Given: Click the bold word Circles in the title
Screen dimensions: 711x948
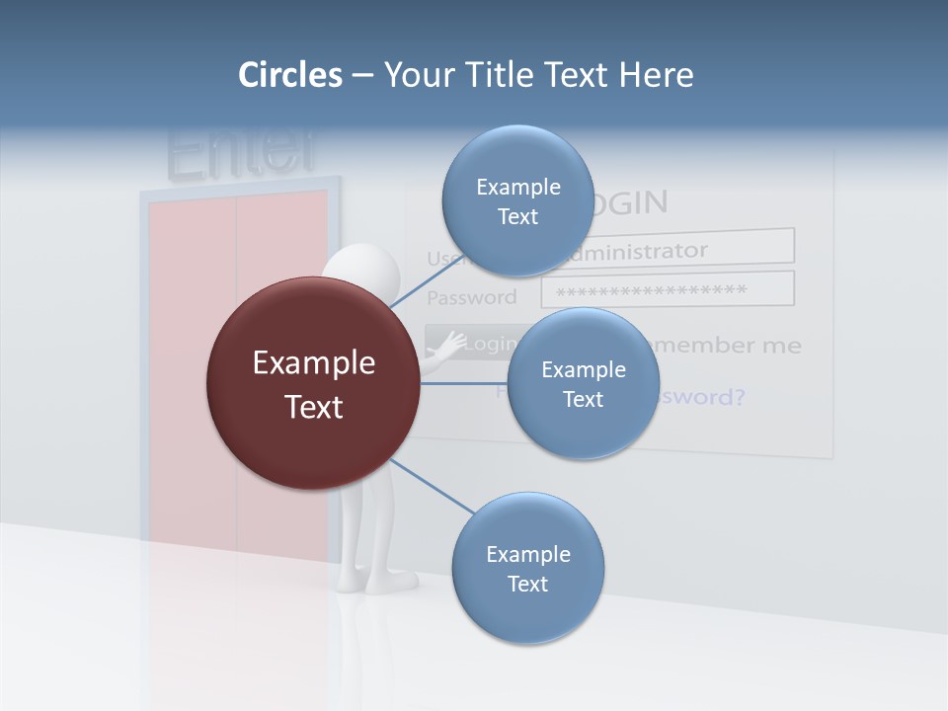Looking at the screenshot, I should tap(290, 75).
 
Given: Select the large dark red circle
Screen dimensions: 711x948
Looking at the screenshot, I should tap(313, 383).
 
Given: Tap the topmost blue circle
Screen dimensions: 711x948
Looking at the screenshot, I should tap(517, 200).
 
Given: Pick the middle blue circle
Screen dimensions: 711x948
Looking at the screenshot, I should tap(583, 383).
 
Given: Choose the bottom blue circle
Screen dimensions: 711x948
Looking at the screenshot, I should tap(527, 568).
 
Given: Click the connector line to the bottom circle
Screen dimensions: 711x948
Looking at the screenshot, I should tap(433, 486).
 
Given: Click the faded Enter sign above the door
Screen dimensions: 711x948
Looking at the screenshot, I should tap(243, 152).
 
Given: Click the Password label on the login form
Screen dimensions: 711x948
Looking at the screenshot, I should tap(471, 297).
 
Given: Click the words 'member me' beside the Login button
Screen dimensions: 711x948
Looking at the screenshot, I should tap(729, 346).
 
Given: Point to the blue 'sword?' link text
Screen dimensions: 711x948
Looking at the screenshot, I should tap(701, 397).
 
